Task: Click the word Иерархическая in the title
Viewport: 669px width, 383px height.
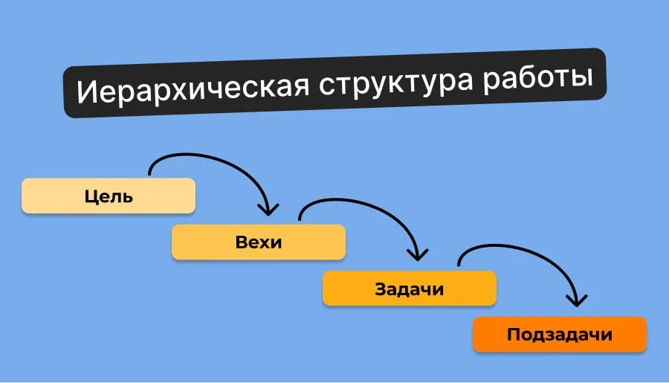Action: [193, 88]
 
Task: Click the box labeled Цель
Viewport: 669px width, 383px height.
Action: [109, 196]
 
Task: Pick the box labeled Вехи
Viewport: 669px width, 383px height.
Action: [259, 242]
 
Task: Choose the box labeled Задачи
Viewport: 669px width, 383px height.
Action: [409, 289]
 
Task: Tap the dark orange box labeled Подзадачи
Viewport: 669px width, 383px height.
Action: [560, 334]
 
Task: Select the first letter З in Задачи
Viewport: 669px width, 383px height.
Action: [381, 289]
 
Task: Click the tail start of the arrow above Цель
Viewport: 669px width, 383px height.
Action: [149, 173]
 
